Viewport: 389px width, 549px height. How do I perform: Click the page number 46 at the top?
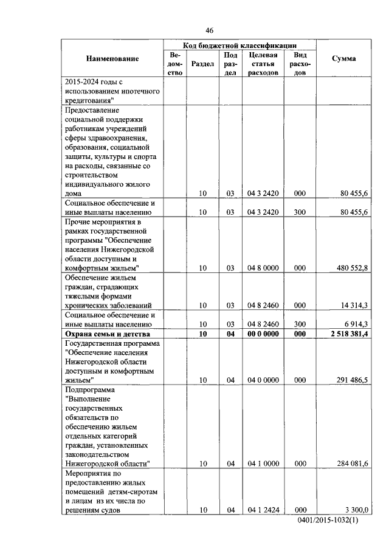point(210,30)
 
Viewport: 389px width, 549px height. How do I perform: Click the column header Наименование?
point(112,59)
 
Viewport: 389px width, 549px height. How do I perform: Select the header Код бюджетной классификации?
point(239,45)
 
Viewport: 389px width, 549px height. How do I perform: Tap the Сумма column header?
point(343,59)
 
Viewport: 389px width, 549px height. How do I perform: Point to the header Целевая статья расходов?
point(263,63)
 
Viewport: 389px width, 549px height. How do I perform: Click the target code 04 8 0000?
point(263,268)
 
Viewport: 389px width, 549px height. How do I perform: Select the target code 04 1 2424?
point(263,510)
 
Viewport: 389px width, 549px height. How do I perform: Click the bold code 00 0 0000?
point(263,334)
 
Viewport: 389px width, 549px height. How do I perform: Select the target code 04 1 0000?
point(263,463)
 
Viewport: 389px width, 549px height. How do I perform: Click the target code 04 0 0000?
point(263,380)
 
